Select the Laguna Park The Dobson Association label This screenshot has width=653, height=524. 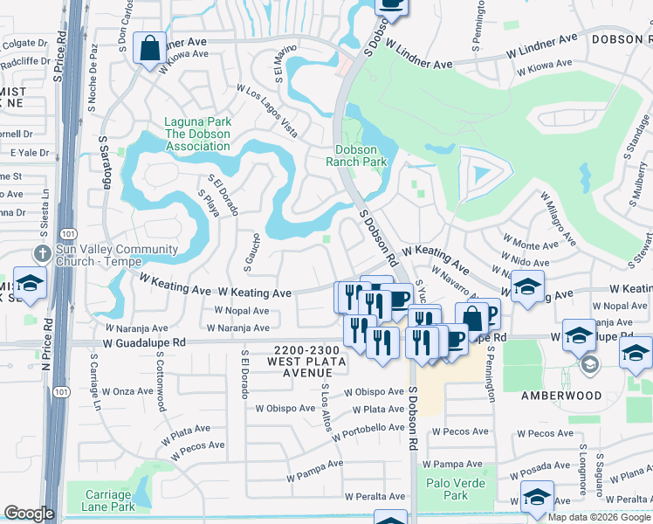(198, 134)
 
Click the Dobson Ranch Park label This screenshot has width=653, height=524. (356, 155)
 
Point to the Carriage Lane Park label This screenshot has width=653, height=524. (108, 500)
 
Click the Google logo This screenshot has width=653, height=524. (29, 514)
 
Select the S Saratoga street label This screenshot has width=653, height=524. (105, 162)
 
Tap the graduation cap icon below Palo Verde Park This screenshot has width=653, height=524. (537, 496)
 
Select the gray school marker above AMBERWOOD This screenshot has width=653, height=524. (589, 364)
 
